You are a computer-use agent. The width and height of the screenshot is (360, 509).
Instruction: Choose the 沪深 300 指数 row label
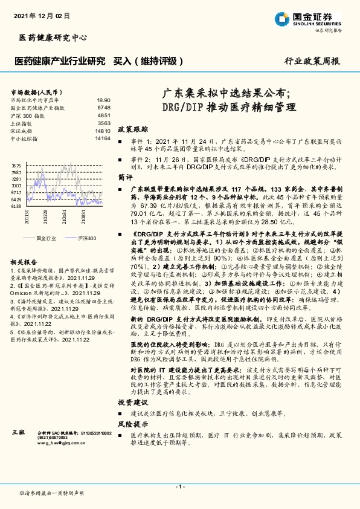(28, 115)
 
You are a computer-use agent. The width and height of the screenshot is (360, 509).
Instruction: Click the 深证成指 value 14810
(103, 131)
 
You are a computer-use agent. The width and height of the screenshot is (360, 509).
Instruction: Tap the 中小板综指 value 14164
(103, 138)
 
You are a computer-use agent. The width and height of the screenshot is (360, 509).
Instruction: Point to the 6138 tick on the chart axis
(16, 207)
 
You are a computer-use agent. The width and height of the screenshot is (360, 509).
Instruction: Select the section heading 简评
(125, 178)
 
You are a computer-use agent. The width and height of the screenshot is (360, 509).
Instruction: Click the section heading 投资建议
(132, 401)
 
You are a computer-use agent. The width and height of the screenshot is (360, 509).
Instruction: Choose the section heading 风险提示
(132, 424)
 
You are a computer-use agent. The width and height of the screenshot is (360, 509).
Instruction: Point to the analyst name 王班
(18, 434)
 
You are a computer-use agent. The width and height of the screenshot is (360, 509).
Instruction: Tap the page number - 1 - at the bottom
(179, 487)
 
